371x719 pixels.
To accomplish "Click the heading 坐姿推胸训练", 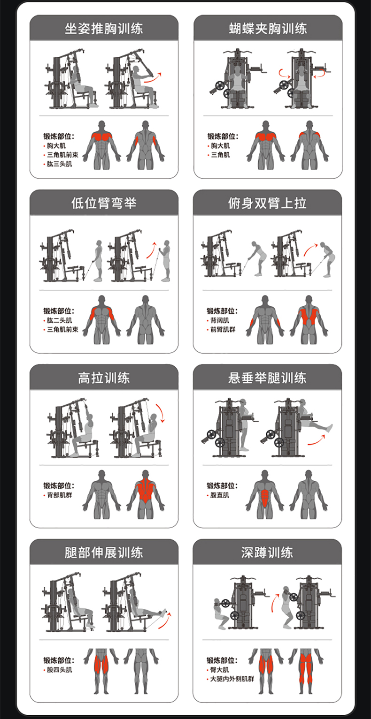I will pos(103,29).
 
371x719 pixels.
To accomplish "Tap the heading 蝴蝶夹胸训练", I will pos(268,29).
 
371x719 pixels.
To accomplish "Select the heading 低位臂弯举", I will pos(103,203).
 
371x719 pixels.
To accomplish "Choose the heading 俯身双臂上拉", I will pos(267,203).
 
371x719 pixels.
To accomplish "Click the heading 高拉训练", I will pos(103,378).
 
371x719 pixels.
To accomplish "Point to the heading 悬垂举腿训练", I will pos(267,378).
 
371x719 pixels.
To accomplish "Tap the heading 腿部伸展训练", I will pos(103,552).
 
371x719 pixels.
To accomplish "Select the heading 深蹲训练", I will pos(267,552).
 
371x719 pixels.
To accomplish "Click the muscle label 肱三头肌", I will pos(59,164).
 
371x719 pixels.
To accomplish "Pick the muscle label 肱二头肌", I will pos(59,320).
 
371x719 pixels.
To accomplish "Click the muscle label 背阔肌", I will pos(220,320).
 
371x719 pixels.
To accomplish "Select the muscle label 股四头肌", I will pos(59,670).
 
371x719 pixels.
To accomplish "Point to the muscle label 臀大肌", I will pos(220,670).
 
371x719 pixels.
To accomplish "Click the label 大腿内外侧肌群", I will pos(232,679).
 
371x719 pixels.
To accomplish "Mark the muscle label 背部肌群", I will pos(59,495).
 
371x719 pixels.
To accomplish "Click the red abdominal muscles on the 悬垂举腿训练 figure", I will pos(265,496).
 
